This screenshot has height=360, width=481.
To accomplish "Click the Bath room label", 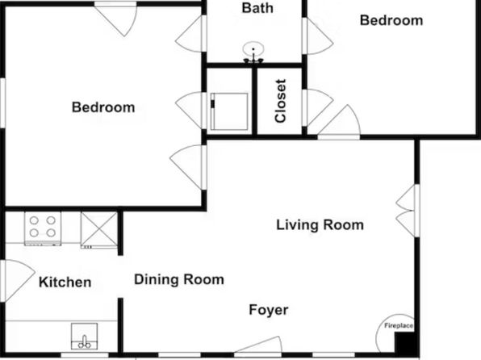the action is (x=257, y=8).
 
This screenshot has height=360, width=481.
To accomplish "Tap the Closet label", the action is (x=281, y=101).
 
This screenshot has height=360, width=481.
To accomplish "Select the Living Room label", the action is (x=320, y=224).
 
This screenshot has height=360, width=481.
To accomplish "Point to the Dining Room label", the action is (x=179, y=279).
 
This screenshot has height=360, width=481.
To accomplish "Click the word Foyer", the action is (x=269, y=310).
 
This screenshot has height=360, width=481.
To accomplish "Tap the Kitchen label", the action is (x=65, y=282).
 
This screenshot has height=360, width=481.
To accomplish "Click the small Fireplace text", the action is (x=399, y=325).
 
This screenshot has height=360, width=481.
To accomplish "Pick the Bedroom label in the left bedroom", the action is (x=103, y=107).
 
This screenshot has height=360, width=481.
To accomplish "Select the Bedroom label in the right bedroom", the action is (x=391, y=20).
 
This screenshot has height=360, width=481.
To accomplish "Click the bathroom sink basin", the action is (x=253, y=49).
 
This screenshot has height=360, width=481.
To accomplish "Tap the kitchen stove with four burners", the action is (x=43, y=228).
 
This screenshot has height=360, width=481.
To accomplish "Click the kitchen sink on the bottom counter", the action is (x=84, y=337).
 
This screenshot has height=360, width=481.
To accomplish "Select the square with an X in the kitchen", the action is (x=99, y=229).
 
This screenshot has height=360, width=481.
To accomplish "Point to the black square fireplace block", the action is (x=404, y=343).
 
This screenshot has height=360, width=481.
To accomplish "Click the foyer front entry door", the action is (x=258, y=346).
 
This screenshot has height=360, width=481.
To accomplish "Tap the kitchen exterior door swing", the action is (x=18, y=281).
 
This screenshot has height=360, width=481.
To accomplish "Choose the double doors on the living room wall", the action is (x=408, y=211).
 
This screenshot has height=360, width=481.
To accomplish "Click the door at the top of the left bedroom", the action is (x=115, y=19).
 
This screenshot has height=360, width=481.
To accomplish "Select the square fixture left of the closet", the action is (x=229, y=111).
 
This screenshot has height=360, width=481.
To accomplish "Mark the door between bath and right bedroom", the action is (x=317, y=36).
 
